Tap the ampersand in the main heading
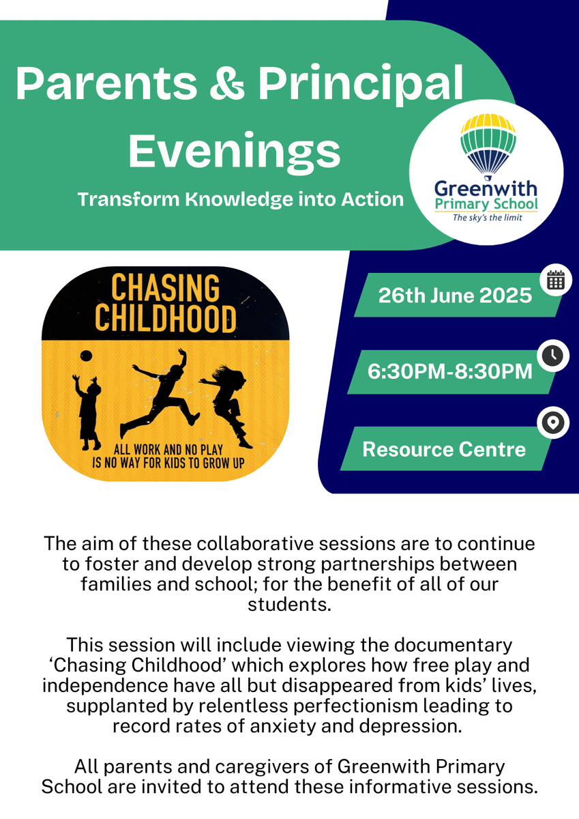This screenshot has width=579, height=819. pyautogui.click(x=226, y=83)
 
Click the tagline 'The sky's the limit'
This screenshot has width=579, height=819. pyautogui.click(x=488, y=218)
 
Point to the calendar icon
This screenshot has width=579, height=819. pyautogui.click(x=556, y=281)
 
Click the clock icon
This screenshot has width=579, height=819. pyautogui.click(x=552, y=356)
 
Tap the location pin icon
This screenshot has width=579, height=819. pyautogui.click(x=552, y=422)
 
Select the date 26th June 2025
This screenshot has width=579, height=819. pyautogui.click(x=455, y=296)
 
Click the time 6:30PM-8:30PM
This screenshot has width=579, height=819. pyautogui.click(x=449, y=372)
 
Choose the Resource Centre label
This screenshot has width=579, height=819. pyautogui.click(x=444, y=449)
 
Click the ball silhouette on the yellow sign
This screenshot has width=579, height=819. pyautogui.click(x=86, y=356)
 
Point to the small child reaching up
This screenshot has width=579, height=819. pyautogui.click(x=87, y=412)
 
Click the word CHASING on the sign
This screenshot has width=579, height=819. pyautogui.click(x=165, y=289)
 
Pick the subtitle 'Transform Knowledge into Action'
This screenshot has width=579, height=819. pyautogui.click(x=241, y=199)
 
